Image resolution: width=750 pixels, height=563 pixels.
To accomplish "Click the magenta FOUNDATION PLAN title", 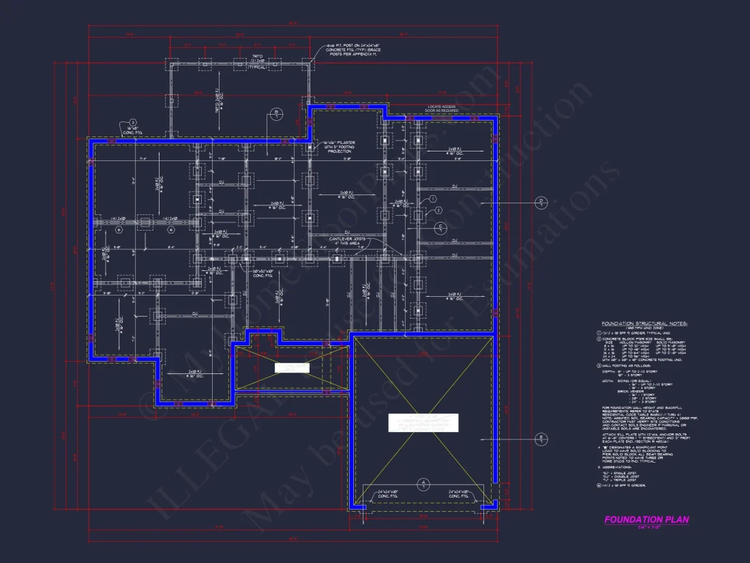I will (646, 519).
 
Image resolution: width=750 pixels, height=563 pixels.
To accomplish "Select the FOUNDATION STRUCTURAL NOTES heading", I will (644, 323).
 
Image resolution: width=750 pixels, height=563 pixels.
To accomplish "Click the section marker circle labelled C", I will (440, 227).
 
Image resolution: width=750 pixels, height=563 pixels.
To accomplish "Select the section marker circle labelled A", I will (423, 485).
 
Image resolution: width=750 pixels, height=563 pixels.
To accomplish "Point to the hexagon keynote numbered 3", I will (438, 210).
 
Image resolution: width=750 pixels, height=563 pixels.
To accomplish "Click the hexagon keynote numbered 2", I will (432, 199).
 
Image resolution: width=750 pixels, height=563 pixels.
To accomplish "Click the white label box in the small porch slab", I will (292, 368).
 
